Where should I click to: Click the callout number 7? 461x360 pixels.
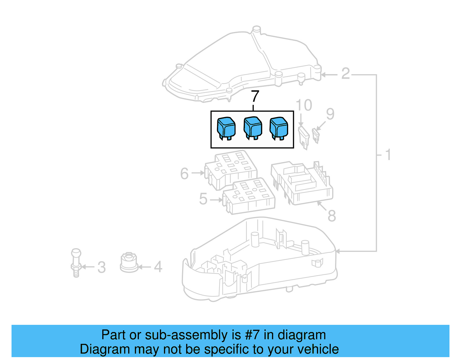click(255, 97)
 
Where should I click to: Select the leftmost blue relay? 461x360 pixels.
click(226, 128)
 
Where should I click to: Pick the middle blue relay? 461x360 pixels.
click(253, 127)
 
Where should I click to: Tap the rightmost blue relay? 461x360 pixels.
click(279, 128)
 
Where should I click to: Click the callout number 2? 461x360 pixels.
click(345, 74)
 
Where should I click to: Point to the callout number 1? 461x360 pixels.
click(388, 155)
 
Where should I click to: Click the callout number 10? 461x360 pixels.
click(304, 105)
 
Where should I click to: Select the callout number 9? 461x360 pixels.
click(330, 114)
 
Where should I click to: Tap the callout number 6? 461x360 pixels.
click(184, 174)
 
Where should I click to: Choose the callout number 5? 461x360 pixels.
click(203, 199)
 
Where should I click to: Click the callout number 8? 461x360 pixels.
click(332, 216)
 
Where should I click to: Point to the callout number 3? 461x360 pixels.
click(101, 267)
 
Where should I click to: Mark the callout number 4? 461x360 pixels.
click(158, 267)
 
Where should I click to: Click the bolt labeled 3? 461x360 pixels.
click(76, 262)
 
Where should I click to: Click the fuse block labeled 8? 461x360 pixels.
click(303, 183)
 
